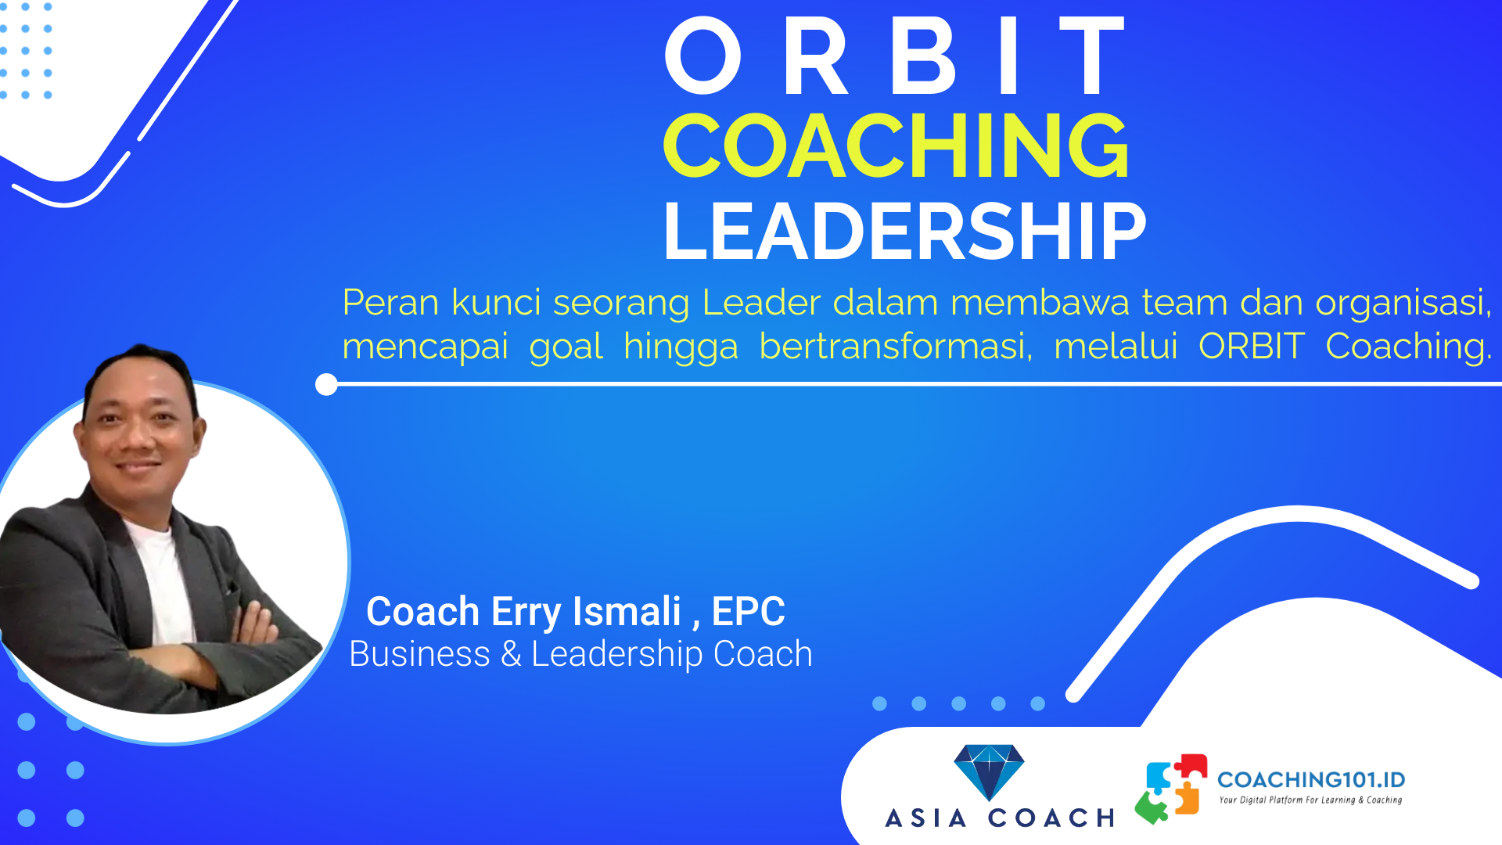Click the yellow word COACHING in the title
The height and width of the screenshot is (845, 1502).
click(897, 146)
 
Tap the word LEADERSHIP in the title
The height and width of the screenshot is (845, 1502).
click(904, 232)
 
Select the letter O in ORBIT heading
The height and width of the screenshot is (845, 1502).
click(702, 56)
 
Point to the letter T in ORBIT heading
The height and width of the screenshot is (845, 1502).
click(1092, 56)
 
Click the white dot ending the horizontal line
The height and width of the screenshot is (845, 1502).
click(326, 384)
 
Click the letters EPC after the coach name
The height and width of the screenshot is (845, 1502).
click(748, 611)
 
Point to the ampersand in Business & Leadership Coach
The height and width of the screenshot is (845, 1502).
click(511, 654)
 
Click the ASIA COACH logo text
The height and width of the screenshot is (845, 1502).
click(1000, 818)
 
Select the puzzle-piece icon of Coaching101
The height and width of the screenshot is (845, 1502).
click(1171, 789)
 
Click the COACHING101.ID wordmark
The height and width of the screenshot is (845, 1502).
click(1311, 779)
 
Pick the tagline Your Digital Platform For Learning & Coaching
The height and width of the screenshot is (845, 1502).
click(1310, 800)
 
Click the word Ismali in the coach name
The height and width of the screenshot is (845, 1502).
click(627, 611)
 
